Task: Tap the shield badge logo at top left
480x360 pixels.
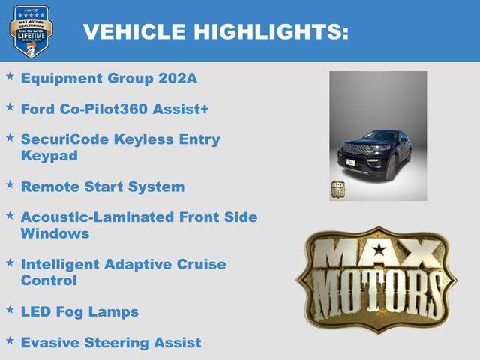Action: point(30,31)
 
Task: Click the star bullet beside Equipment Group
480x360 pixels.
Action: point(10,76)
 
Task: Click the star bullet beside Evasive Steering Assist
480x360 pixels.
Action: point(10,340)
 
